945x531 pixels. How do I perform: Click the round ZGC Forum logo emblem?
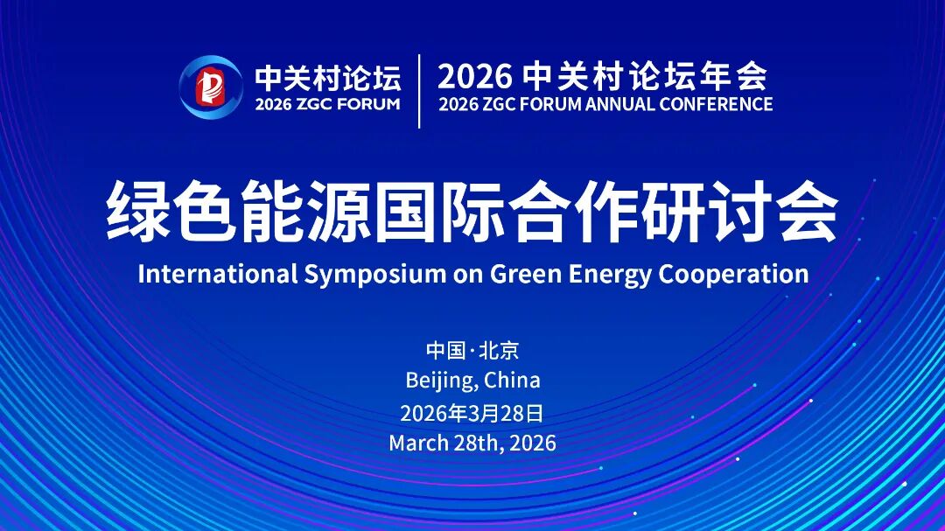(210, 87)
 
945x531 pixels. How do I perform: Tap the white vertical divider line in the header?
(419, 91)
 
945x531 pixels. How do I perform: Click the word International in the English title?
(218, 274)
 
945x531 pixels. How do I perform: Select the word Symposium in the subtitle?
(374, 275)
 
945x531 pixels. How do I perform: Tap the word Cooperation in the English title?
(733, 275)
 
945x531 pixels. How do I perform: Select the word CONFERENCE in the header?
(716, 104)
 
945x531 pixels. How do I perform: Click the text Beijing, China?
(472, 381)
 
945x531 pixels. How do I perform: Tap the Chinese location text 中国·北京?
(472, 350)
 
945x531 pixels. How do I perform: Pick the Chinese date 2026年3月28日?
(472, 414)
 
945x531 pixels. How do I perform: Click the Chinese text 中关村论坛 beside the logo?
(328, 78)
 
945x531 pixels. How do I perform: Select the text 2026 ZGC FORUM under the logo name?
(328, 104)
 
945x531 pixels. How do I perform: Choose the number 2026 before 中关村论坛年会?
(475, 76)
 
